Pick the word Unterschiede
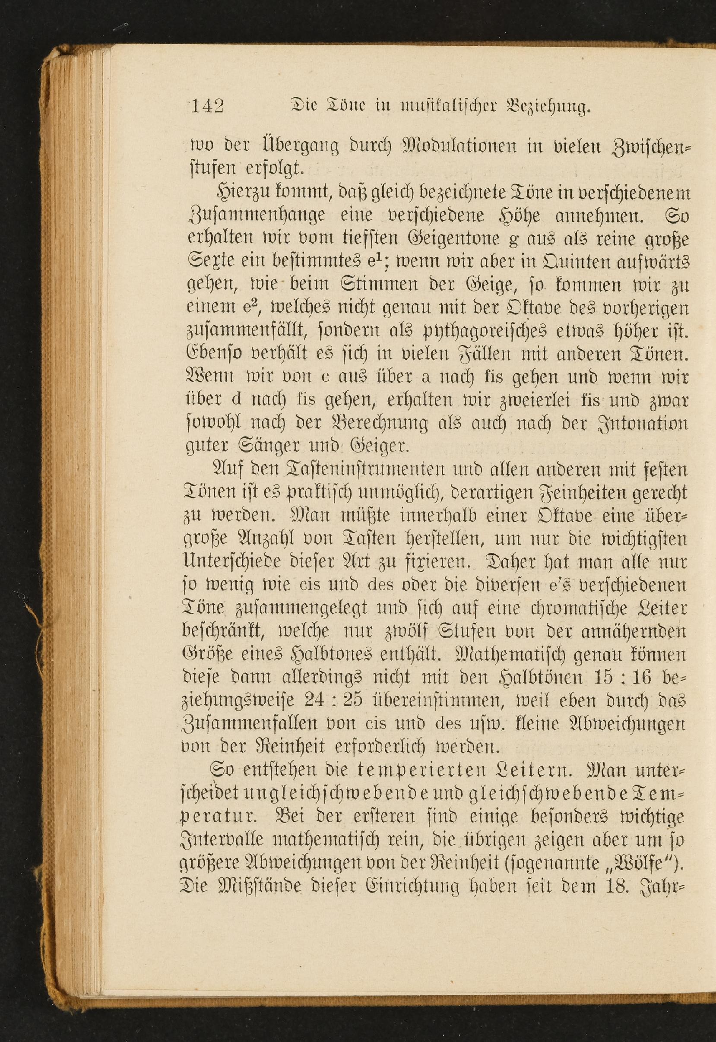[232, 563]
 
